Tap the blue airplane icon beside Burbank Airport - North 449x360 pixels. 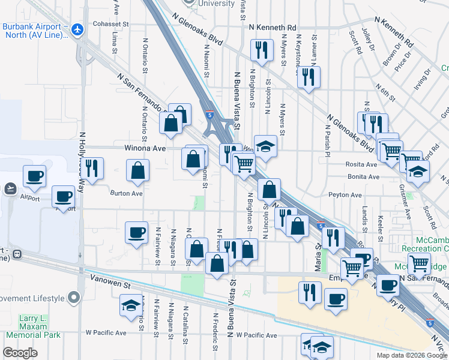pyautogui.click(x=76, y=28)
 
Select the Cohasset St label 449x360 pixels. pyautogui.click(x=111, y=25)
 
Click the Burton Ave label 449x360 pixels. pyautogui.click(x=126, y=193)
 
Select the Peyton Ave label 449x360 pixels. pyautogui.click(x=345, y=195)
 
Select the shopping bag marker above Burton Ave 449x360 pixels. pyautogui.click(x=138, y=170)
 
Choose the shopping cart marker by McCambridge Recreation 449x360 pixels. pyautogui.click(x=419, y=262)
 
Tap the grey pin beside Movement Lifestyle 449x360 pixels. pyautogui.click(x=74, y=298)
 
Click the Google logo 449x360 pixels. pyautogui.click(x=20, y=353)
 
